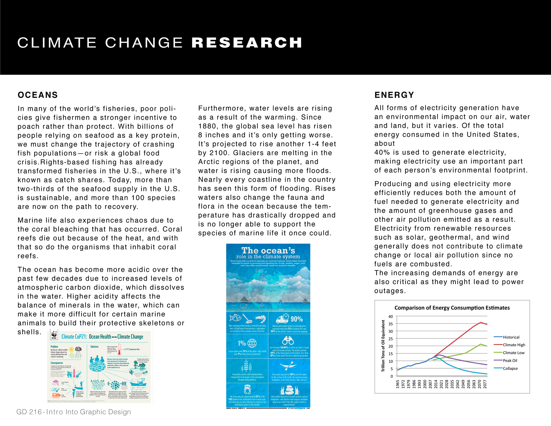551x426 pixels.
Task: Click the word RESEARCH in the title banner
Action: (x=247, y=43)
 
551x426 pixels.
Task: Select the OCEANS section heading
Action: (x=38, y=95)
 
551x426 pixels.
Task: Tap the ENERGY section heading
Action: (x=394, y=95)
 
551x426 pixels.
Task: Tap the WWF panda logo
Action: (x=54, y=335)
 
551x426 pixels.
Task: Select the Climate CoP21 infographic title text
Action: (x=102, y=337)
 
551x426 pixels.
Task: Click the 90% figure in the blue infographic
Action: (x=297, y=319)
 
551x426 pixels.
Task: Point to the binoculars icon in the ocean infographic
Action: (x=288, y=341)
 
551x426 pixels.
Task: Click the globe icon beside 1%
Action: (x=252, y=343)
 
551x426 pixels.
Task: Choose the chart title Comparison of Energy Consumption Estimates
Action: (x=452, y=308)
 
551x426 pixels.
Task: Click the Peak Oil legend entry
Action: (x=510, y=361)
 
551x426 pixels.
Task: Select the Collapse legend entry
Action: (x=510, y=368)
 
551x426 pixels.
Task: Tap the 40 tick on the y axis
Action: (x=391, y=317)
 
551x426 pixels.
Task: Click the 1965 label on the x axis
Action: (x=398, y=384)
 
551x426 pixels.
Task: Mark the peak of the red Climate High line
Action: (x=481, y=322)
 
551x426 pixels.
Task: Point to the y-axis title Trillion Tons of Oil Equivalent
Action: (x=383, y=346)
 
